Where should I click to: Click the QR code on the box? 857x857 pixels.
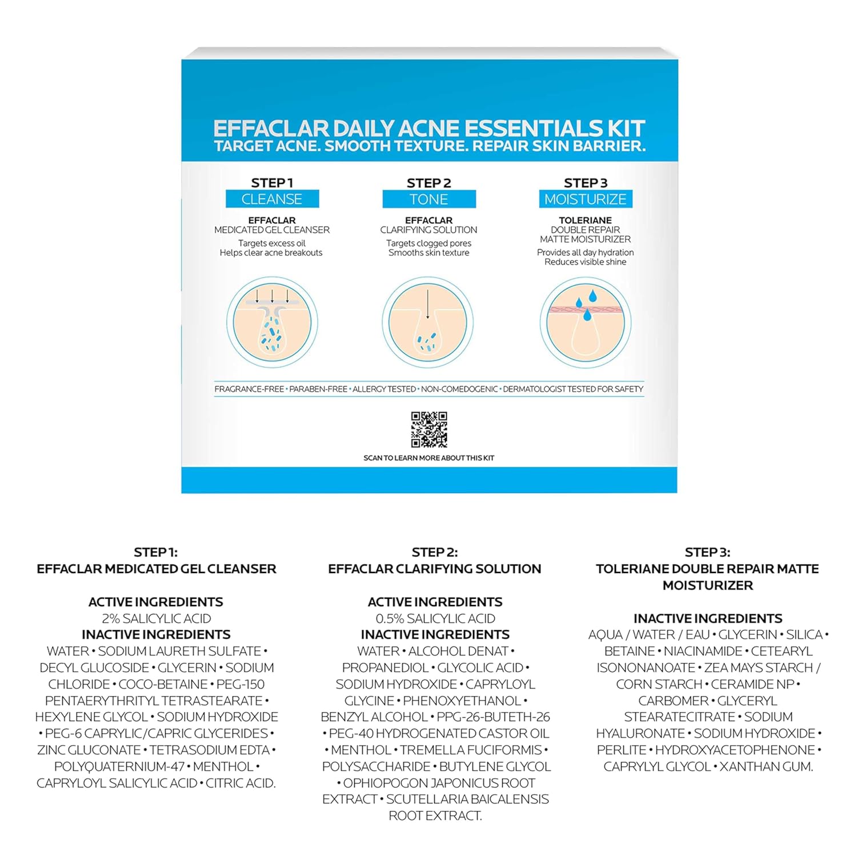point(429,429)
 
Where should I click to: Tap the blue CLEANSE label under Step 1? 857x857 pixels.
point(272,199)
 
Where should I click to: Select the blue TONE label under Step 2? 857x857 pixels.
point(429,199)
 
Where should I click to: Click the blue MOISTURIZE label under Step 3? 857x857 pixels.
point(586,199)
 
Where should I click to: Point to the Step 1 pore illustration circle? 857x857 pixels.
point(272,323)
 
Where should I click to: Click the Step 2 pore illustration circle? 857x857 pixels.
point(428,323)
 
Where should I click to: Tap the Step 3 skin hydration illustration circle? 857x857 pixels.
point(586,323)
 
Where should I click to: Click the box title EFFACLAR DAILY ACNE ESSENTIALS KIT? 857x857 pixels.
point(429,128)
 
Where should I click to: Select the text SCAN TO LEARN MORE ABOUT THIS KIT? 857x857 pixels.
point(429,458)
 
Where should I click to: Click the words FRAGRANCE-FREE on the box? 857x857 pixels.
point(249,389)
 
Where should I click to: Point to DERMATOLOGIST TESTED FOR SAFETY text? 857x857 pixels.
point(573,389)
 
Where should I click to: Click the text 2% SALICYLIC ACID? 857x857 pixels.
point(157,618)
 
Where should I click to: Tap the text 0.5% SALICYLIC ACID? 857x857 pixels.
point(435,618)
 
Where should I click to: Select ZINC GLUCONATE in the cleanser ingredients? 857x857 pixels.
point(89,750)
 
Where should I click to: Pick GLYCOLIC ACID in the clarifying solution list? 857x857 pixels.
point(480,667)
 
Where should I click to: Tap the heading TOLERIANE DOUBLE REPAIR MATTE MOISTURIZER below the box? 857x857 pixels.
point(707,576)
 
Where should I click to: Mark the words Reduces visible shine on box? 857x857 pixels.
point(586,262)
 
